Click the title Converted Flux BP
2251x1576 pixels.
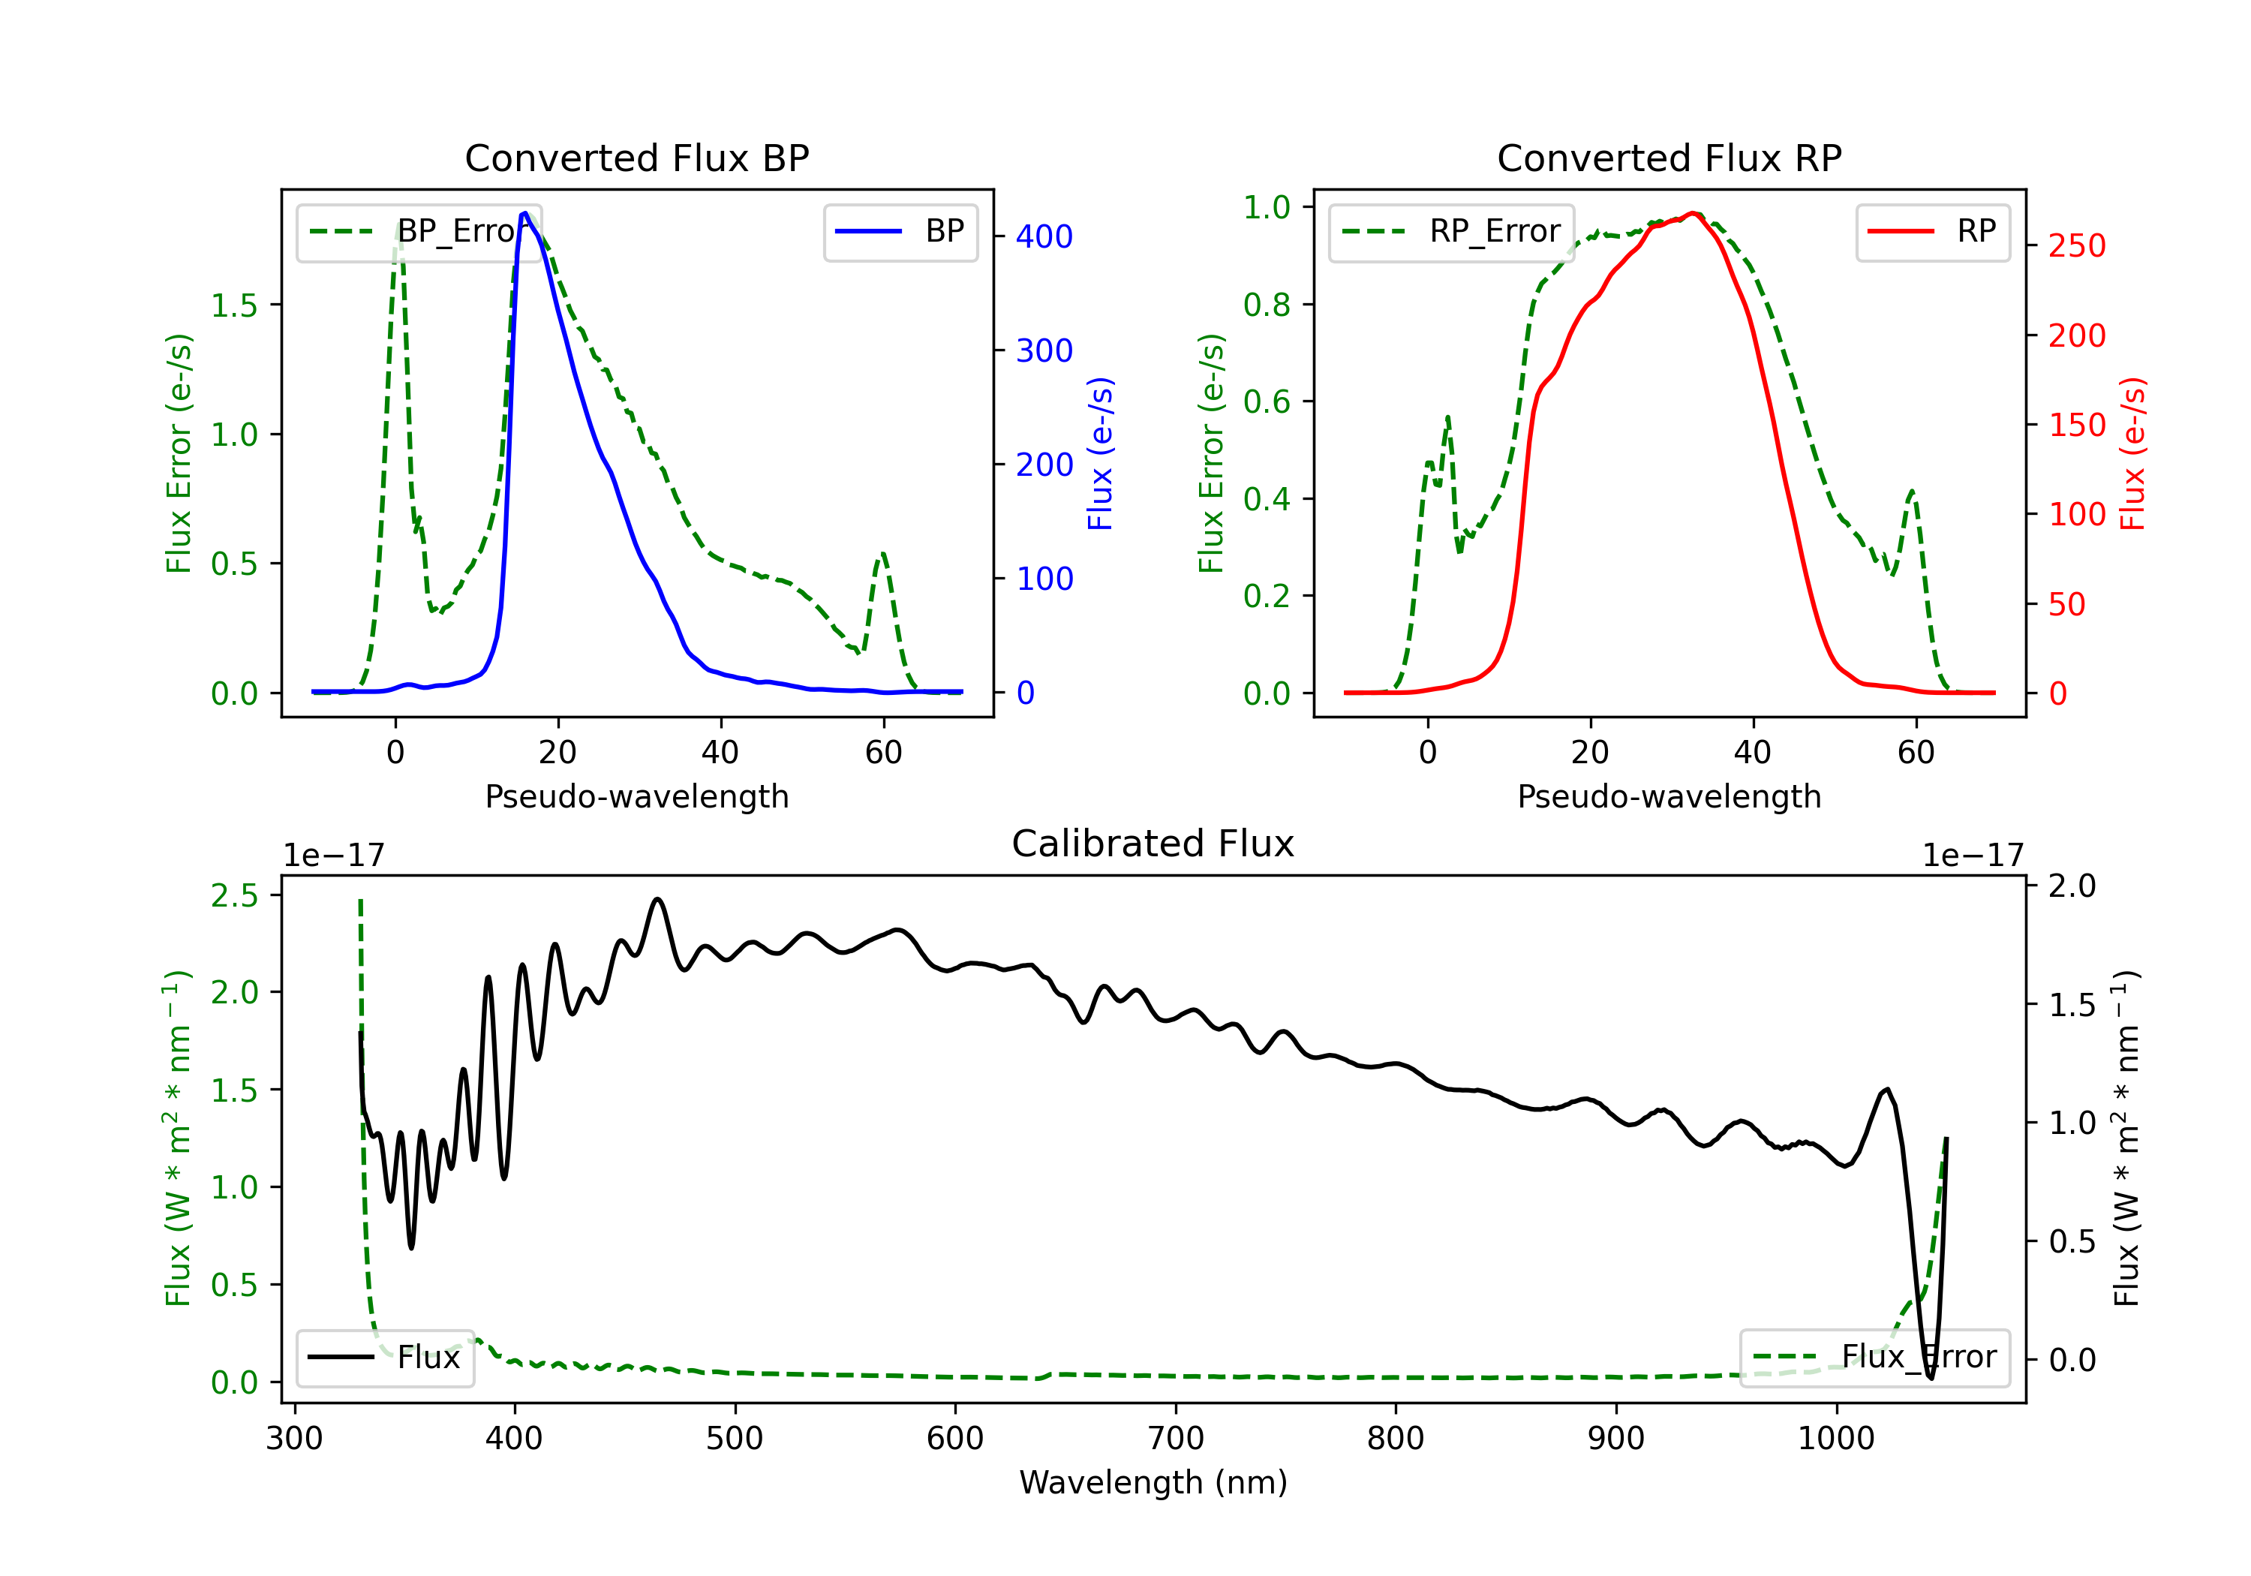coord(636,158)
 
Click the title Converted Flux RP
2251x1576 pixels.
coord(1669,158)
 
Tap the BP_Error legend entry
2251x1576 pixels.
coord(419,231)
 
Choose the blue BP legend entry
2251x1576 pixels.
coord(900,231)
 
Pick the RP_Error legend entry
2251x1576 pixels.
coord(1451,231)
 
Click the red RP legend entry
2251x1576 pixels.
coord(1932,231)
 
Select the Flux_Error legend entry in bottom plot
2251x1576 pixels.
coord(1874,1358)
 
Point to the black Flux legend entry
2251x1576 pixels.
coord(384,1358)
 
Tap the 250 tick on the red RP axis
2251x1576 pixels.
coord(2076,245)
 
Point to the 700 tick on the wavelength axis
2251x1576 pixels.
coord(1176,1438)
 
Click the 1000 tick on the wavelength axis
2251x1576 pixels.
coord(1836,1438)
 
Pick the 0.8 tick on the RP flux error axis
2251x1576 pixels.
coord(1267,304)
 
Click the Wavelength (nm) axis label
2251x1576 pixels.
coord(1153,1482)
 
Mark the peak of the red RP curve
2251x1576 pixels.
coord(1694,213)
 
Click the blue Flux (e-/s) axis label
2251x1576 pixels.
coord(1100,453)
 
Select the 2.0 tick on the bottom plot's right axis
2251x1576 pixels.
coord(2072,886)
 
